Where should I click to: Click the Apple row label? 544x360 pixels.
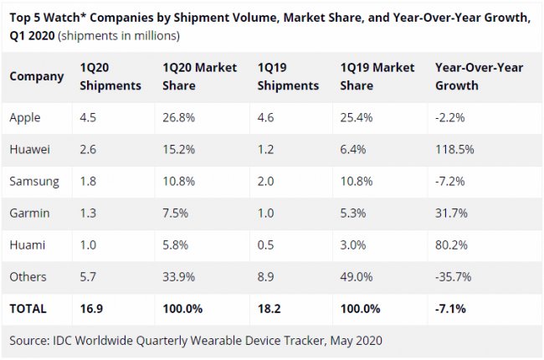point(25,118)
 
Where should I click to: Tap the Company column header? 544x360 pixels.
point(37,76)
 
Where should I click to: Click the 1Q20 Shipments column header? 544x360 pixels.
point(110,76)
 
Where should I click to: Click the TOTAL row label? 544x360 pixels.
point(28,308)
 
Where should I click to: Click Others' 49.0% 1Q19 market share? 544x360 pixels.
point(358,275)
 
